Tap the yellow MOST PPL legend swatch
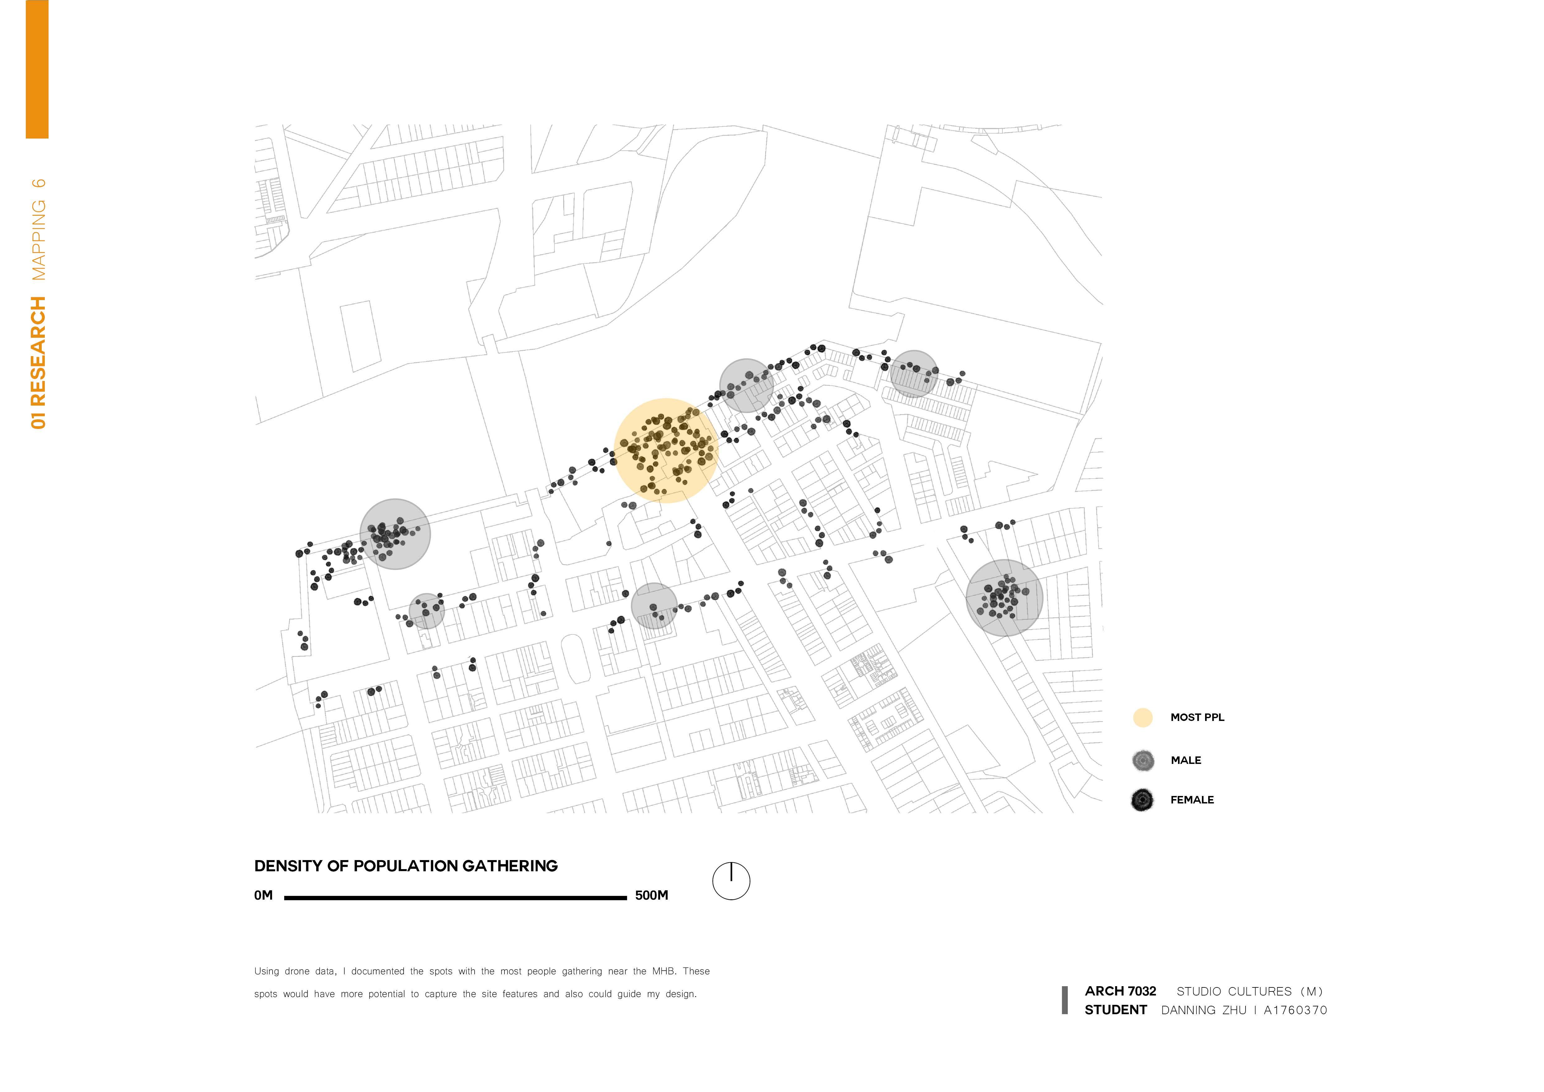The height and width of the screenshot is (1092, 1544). coord(1143,718)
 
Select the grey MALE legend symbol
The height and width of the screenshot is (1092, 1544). coord(1143,760)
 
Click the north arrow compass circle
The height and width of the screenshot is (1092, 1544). coord(731,881)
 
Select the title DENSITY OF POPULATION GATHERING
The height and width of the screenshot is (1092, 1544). coord(406,866)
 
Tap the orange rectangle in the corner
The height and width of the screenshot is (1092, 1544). coord(37,69)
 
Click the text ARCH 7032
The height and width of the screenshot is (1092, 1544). coord(1120,991)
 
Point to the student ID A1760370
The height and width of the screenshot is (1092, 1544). coord(1295,1010)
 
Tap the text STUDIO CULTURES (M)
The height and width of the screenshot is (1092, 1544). coord(1250,991)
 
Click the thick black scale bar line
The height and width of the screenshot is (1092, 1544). coord(455,898)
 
